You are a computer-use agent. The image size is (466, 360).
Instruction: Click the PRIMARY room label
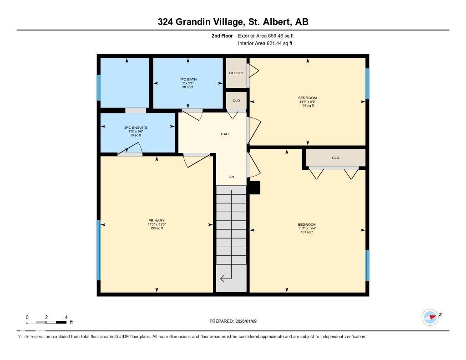click(x=156, y=221)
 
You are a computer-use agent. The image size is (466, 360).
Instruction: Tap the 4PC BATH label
click(x=188, y=79)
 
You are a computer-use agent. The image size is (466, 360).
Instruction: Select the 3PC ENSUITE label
click(x=136, y=128)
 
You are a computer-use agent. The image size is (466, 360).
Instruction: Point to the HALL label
click(x=225, y=134)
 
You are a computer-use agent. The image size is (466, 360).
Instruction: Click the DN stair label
click(x=231, y=177)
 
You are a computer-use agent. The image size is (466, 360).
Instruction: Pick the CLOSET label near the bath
click(x=236, y=73)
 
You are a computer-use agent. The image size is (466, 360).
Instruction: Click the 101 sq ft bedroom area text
click(x=307, y=106)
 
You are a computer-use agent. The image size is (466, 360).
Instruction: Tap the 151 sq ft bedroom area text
click(x=307, y=233)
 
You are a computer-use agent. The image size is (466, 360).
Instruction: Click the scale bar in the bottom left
click(x=47, y=322)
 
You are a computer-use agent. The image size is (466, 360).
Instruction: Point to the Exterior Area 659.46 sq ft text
click(x=268, y=35)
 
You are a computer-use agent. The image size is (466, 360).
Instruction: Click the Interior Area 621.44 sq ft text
click(x=265, y=44)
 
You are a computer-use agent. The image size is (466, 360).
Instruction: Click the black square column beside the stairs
click(x=254, y=188)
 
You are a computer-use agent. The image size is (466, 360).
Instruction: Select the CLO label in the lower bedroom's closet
click(x=335, y=158)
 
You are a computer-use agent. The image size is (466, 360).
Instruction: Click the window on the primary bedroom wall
click(x=98, y=250)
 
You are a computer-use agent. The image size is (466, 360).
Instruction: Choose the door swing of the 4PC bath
click(x=193, y=115)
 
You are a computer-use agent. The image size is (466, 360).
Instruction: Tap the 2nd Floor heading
click(x=222, y=35)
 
